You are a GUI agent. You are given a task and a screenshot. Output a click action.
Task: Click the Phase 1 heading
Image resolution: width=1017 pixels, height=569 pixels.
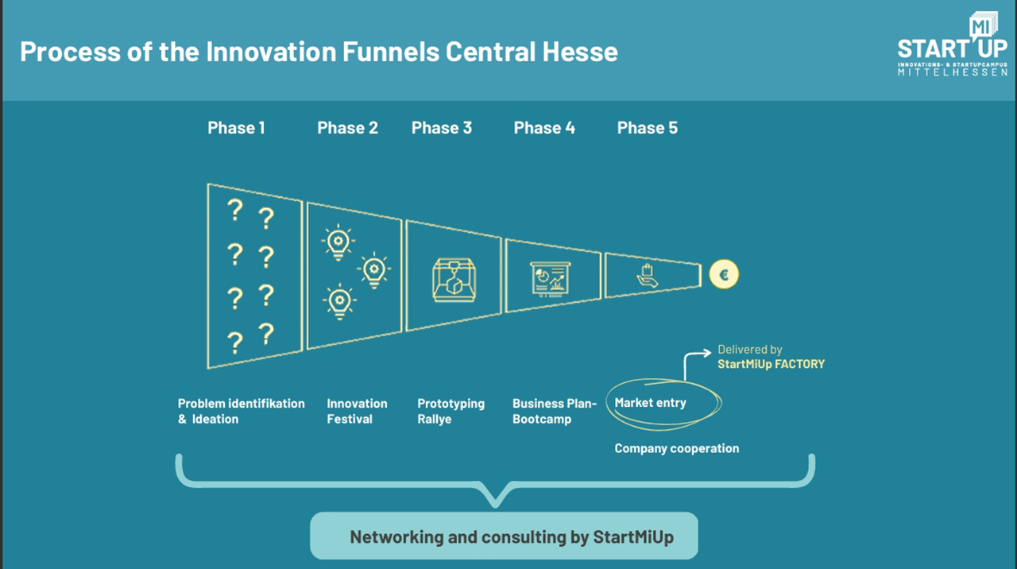[236, 128]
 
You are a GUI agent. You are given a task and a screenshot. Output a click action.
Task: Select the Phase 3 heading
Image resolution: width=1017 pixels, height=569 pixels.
[441, 128]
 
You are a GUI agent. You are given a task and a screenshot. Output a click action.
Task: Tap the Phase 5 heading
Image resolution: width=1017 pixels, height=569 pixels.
[647, 128]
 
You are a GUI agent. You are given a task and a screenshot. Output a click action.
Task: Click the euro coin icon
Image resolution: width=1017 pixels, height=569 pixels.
[724, 276]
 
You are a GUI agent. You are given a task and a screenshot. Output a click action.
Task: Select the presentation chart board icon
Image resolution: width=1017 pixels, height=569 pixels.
[552, 278]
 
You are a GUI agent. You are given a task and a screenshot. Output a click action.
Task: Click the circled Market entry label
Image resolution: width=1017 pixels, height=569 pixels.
[651, 403]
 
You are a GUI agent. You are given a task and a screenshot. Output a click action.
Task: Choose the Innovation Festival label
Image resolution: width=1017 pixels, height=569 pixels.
[357, 411]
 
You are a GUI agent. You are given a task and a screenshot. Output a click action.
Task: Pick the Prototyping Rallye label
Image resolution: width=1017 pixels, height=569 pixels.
[450, 411]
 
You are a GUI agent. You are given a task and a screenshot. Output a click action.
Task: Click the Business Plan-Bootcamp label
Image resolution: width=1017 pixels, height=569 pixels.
[554, 411]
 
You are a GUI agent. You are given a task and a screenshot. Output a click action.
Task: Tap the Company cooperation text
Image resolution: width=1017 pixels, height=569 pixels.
[676, 448]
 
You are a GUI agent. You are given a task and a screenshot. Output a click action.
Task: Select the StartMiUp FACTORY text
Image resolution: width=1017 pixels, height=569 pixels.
[771, 364]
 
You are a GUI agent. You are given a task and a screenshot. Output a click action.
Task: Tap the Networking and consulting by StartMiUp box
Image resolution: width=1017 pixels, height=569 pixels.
[503, 536]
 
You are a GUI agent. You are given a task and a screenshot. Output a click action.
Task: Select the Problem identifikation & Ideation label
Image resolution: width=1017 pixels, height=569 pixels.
[241, 411]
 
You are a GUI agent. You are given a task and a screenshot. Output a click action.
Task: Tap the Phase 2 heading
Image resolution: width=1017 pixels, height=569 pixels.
[347, 128]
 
